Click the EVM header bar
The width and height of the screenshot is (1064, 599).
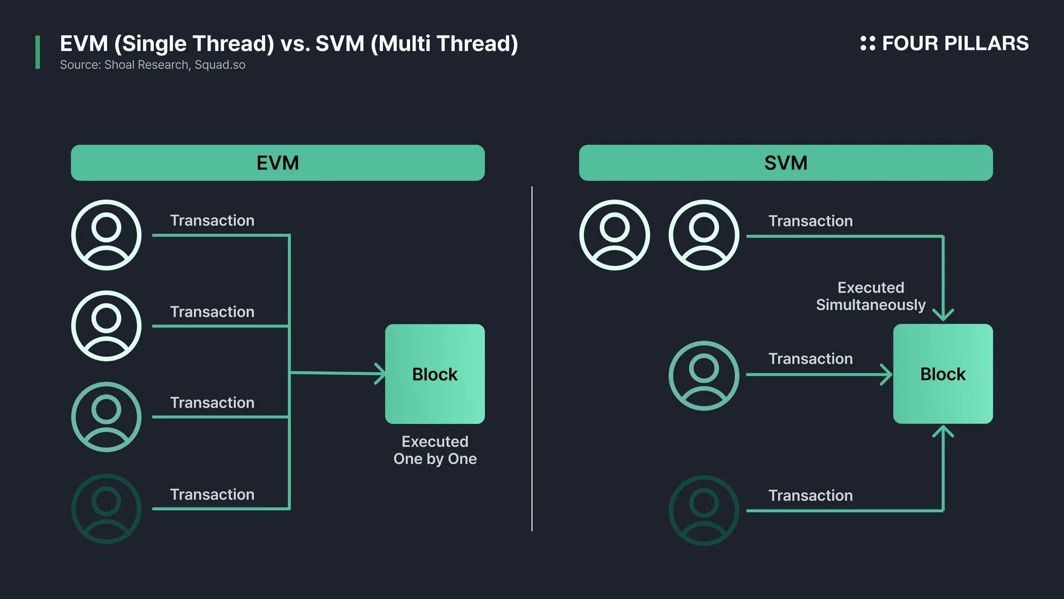(277, 163)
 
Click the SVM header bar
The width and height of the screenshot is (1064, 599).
(786, 163)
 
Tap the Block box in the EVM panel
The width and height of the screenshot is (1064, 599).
(434, 374)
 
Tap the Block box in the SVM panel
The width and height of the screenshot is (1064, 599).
(942, 374)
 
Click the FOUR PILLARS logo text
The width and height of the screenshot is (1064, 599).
(955, 43)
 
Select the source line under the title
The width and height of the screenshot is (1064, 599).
(152, 65)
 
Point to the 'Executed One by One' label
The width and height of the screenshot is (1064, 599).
(435, 450)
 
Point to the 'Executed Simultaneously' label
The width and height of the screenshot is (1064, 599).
(871, 296)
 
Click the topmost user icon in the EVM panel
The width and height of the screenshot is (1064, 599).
(106, 235)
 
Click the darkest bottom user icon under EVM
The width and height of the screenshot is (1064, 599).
(106, 509)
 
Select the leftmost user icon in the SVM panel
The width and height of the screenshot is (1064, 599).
(614, 235)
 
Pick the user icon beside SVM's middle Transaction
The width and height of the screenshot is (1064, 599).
(703, 375)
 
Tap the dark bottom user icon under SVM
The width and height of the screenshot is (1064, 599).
(703, 510)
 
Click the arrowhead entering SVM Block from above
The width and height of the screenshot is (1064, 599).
(943, 315)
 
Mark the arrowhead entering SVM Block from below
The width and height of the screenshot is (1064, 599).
(943, 432)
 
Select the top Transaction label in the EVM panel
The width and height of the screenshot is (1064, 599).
(212, 220)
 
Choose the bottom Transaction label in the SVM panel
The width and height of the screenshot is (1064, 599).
(810, 496)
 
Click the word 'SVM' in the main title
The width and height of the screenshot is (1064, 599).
(340, 44)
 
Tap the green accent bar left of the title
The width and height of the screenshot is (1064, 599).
(37, 52)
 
